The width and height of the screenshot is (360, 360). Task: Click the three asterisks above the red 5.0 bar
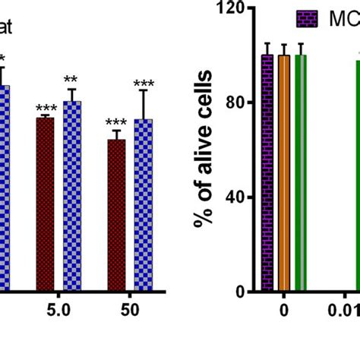tap(46, 109)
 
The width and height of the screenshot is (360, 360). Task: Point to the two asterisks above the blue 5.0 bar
tap(71, 80)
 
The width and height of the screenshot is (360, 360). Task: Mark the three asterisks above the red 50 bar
tap(116, 123)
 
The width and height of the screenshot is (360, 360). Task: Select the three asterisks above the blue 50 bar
tap(144, 84)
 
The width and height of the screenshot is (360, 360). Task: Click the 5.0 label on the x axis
tap(58, 311)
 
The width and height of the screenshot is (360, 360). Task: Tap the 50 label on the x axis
tap(130, 311)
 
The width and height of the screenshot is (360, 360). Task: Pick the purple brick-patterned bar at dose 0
tap(267, 182)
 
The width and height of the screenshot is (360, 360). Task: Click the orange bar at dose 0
tap(284, 182)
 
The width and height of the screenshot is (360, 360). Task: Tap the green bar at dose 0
tap(301, 182)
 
